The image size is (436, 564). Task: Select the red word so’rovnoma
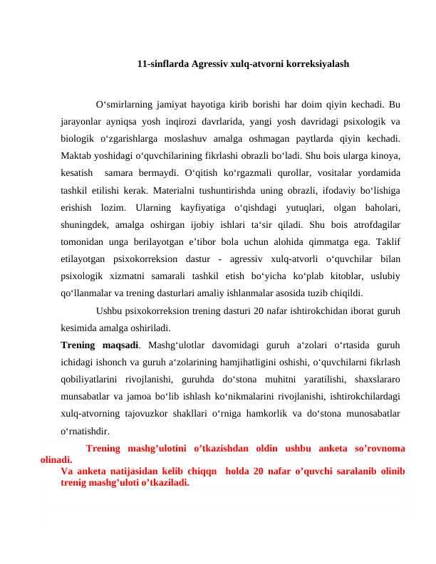coord(377,449)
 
